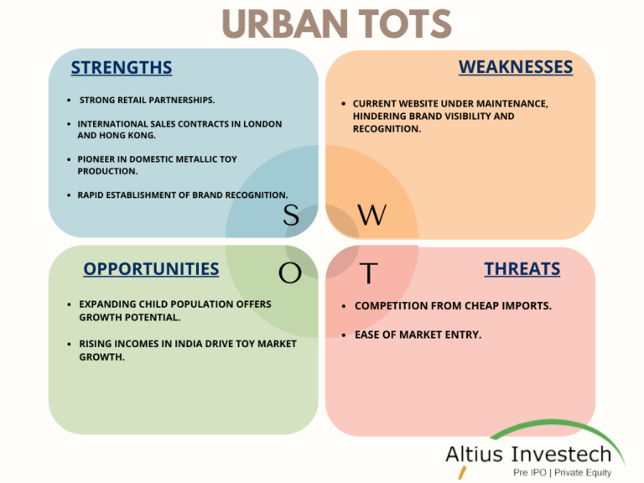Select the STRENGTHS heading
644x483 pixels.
122,67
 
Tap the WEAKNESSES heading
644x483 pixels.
515,66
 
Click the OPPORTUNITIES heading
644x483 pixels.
151,269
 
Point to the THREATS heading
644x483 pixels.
522,269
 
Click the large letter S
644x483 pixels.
291,216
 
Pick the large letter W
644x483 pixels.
371,216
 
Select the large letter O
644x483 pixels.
289,273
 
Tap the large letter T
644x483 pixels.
369,273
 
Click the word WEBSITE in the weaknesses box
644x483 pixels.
422,103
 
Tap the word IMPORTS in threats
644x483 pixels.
526,305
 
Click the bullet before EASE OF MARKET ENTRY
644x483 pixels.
344,335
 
